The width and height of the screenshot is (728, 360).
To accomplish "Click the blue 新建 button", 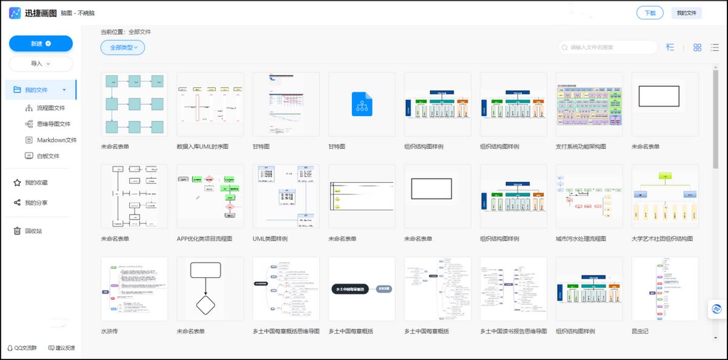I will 41,44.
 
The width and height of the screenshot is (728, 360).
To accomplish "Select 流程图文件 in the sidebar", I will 50,108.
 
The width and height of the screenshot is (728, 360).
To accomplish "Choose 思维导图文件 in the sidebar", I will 53,124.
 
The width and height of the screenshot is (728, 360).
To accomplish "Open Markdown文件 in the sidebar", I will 56,140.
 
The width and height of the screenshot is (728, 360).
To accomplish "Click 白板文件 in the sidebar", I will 48,156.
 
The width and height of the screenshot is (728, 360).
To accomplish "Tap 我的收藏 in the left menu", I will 36,183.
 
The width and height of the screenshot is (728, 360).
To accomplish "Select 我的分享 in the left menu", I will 36,203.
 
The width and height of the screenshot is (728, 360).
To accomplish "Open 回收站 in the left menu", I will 33,231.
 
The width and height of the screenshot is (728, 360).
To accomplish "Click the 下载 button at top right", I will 650,13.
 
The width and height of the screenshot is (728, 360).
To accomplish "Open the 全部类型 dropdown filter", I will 123,47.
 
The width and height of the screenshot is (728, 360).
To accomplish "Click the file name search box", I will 609,47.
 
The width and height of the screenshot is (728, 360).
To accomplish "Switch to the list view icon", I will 715,47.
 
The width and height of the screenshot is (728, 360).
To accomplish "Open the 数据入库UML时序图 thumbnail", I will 210,104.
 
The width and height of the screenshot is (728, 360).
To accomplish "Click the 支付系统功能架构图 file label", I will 581,147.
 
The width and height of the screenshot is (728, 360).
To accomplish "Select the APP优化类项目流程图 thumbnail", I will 210,196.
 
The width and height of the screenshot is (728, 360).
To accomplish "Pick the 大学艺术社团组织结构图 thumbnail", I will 665,196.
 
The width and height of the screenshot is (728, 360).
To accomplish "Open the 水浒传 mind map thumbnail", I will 134,288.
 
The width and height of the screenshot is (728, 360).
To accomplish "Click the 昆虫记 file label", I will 640,331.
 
